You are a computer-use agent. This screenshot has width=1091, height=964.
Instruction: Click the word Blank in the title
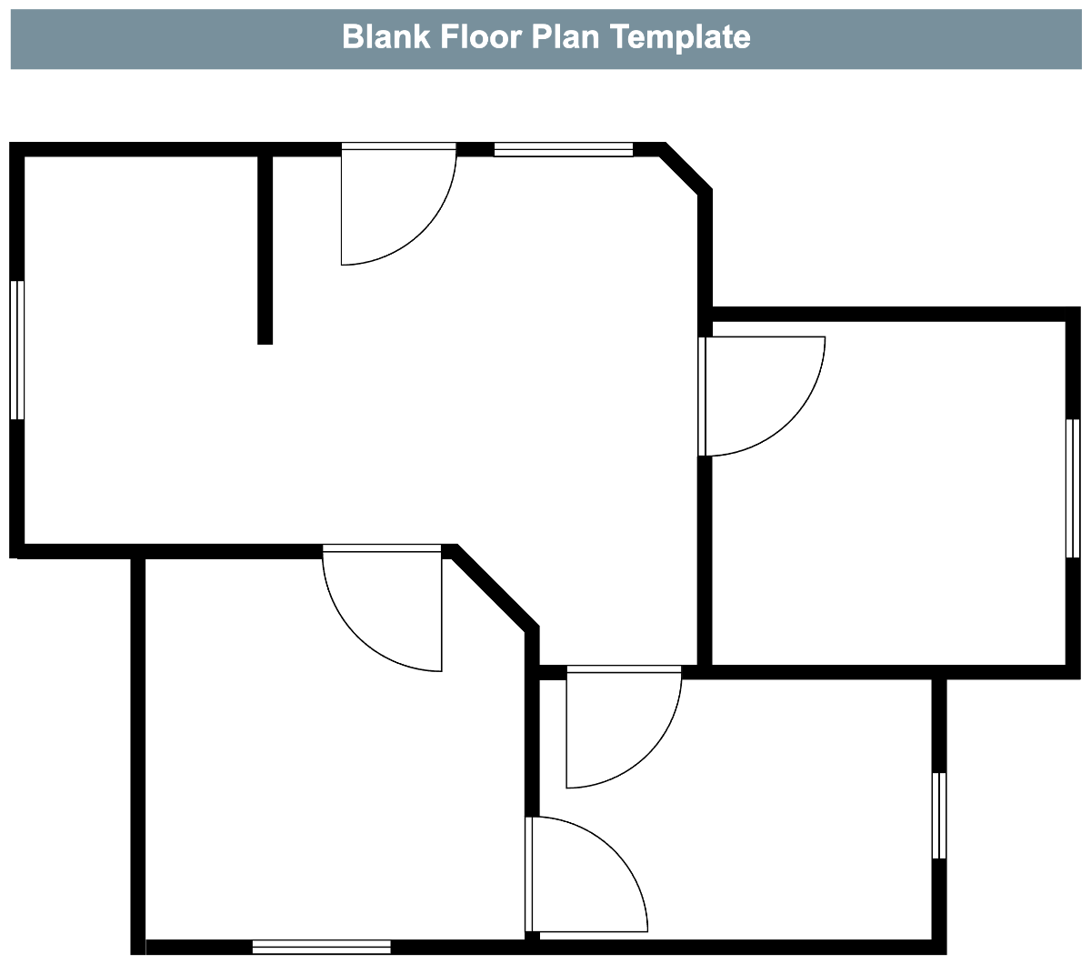386,36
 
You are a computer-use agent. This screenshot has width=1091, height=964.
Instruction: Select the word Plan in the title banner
566,37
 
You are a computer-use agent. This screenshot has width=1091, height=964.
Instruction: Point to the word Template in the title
680,37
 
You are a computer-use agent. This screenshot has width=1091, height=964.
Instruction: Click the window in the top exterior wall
564,149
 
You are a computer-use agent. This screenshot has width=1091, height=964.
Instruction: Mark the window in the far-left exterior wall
17,350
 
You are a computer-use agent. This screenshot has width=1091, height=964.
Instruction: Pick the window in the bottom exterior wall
322,947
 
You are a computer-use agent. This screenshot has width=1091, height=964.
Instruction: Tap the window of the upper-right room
1073,488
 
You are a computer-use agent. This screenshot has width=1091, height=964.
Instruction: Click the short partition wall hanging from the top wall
265,249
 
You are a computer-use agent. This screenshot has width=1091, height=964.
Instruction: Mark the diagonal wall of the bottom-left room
495,589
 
